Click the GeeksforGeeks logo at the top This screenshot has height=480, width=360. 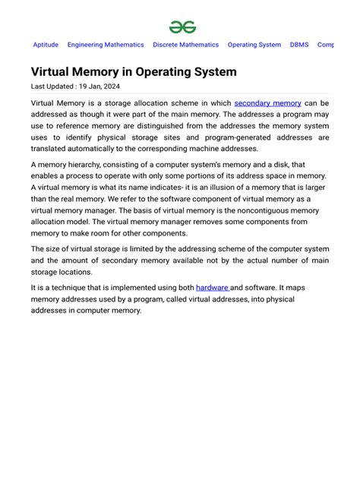point(182,27)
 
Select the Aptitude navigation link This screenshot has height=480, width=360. point(46,45)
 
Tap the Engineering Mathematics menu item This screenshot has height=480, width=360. point(106,45)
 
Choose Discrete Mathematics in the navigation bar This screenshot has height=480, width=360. point(185,45)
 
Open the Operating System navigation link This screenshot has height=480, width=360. point(254,45)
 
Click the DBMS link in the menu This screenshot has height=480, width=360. point(299,45)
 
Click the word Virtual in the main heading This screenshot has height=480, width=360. point(51,72)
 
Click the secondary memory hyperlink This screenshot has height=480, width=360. point(267,103)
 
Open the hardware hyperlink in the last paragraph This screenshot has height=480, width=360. point(212,287)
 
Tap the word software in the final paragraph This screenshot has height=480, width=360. point(264,287)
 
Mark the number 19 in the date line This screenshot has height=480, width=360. point(84,87)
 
